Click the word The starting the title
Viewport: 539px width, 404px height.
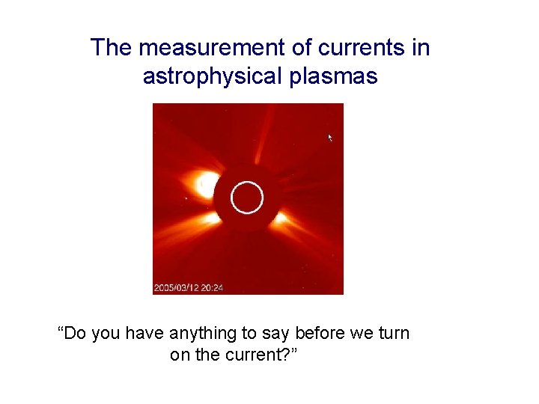pyautogui.click(x=112, y=48)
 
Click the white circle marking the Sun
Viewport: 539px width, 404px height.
pyautogui.click(x=247, y=198)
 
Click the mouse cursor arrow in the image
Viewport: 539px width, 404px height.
pyautogui.click(x=329, y=138)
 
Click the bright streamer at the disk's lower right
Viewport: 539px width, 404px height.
pyautogui.click(x=283, y=218)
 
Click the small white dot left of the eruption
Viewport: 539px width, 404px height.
pyautogui.click(x=185, y=199)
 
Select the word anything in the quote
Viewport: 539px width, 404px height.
pyautogui.click(x=204, y=333)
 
